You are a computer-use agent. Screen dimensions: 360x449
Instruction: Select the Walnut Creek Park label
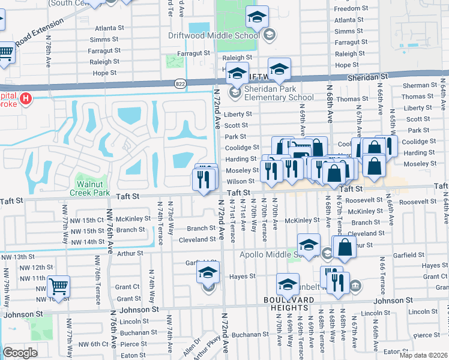[x=92, y=188]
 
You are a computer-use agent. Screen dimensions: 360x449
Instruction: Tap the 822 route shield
[x=179, y=82]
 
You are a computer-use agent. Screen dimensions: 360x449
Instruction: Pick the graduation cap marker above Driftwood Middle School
[x=257, y=18]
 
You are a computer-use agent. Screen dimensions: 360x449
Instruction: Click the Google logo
[x=20, y=353]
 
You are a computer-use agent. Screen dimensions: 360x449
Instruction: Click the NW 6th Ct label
[x=89, y=344]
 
